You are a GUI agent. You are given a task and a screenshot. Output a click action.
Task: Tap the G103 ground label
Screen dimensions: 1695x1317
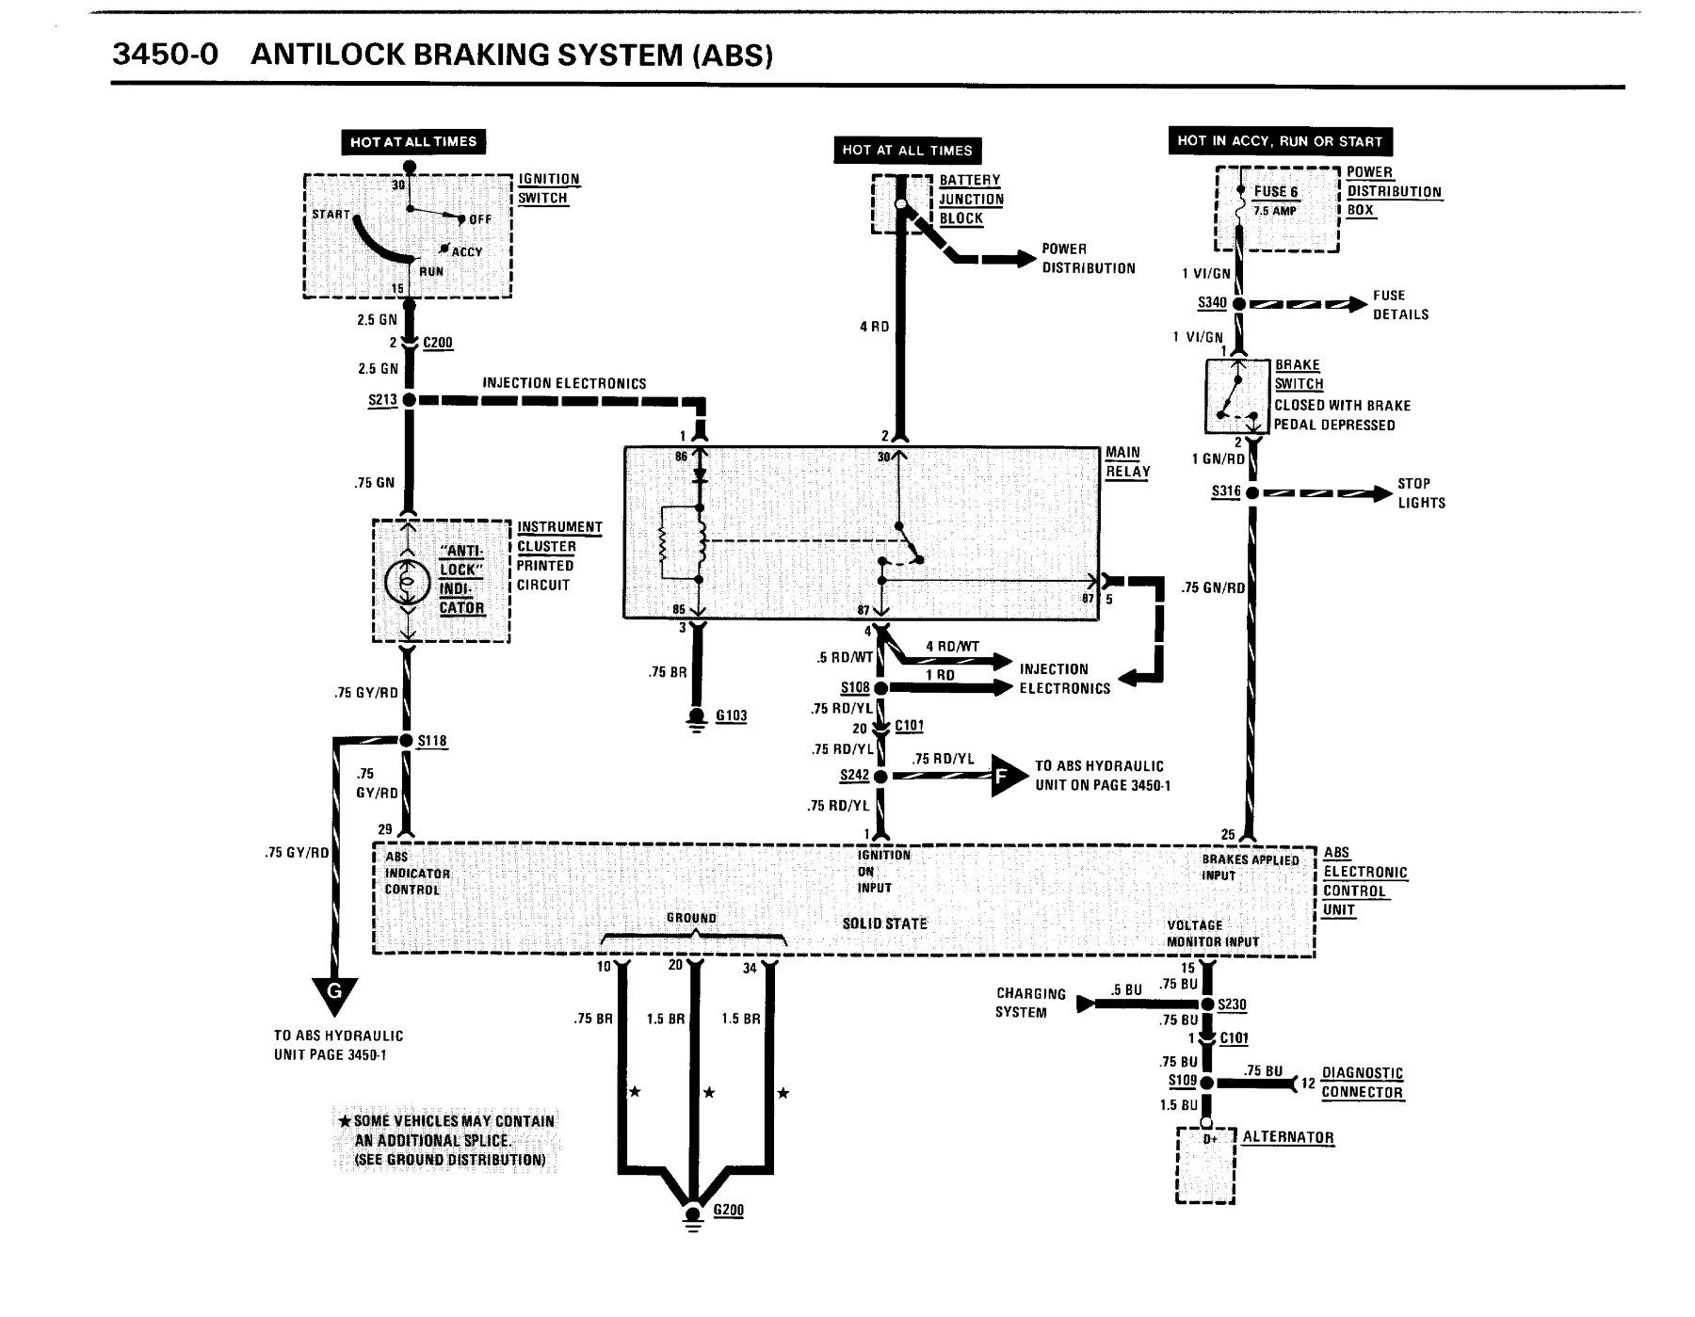[x=732, y=715]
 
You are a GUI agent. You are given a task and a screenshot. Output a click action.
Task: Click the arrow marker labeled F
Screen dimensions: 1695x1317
[x=1007, y=777]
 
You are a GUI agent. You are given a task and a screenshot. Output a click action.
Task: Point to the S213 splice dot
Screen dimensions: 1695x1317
[x=409, y=400]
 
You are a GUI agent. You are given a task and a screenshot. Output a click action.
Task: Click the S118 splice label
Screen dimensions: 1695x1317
[x=432, y=741]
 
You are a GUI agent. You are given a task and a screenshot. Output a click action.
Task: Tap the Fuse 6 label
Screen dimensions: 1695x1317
[x=1276, y=191]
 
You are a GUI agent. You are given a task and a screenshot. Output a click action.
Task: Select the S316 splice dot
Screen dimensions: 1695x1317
[x=1251, y=492]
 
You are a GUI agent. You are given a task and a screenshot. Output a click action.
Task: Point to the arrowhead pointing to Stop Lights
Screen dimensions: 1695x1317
[x=1380, y=492]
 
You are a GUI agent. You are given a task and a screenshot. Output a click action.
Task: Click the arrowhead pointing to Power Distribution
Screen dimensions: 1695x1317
[x=1024, y=259]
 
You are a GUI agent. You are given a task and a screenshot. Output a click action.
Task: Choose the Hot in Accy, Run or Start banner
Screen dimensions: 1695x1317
[x=1280, y=141]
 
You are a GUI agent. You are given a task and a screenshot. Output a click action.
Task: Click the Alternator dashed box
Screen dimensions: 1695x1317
[x=1205, y=1164]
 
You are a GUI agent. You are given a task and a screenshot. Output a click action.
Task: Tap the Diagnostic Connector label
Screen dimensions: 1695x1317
[x=1363, y=1083]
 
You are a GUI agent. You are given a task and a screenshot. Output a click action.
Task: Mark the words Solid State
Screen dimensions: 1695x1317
[x=885, y=924]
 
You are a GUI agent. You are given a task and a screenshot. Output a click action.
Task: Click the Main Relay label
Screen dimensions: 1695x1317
[x=1127, y=462]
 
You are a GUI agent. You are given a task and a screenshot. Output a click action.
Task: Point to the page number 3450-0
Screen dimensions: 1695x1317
[x=165, y=54]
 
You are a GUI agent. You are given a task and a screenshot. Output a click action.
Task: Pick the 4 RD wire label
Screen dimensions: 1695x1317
[x=874, y=327]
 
